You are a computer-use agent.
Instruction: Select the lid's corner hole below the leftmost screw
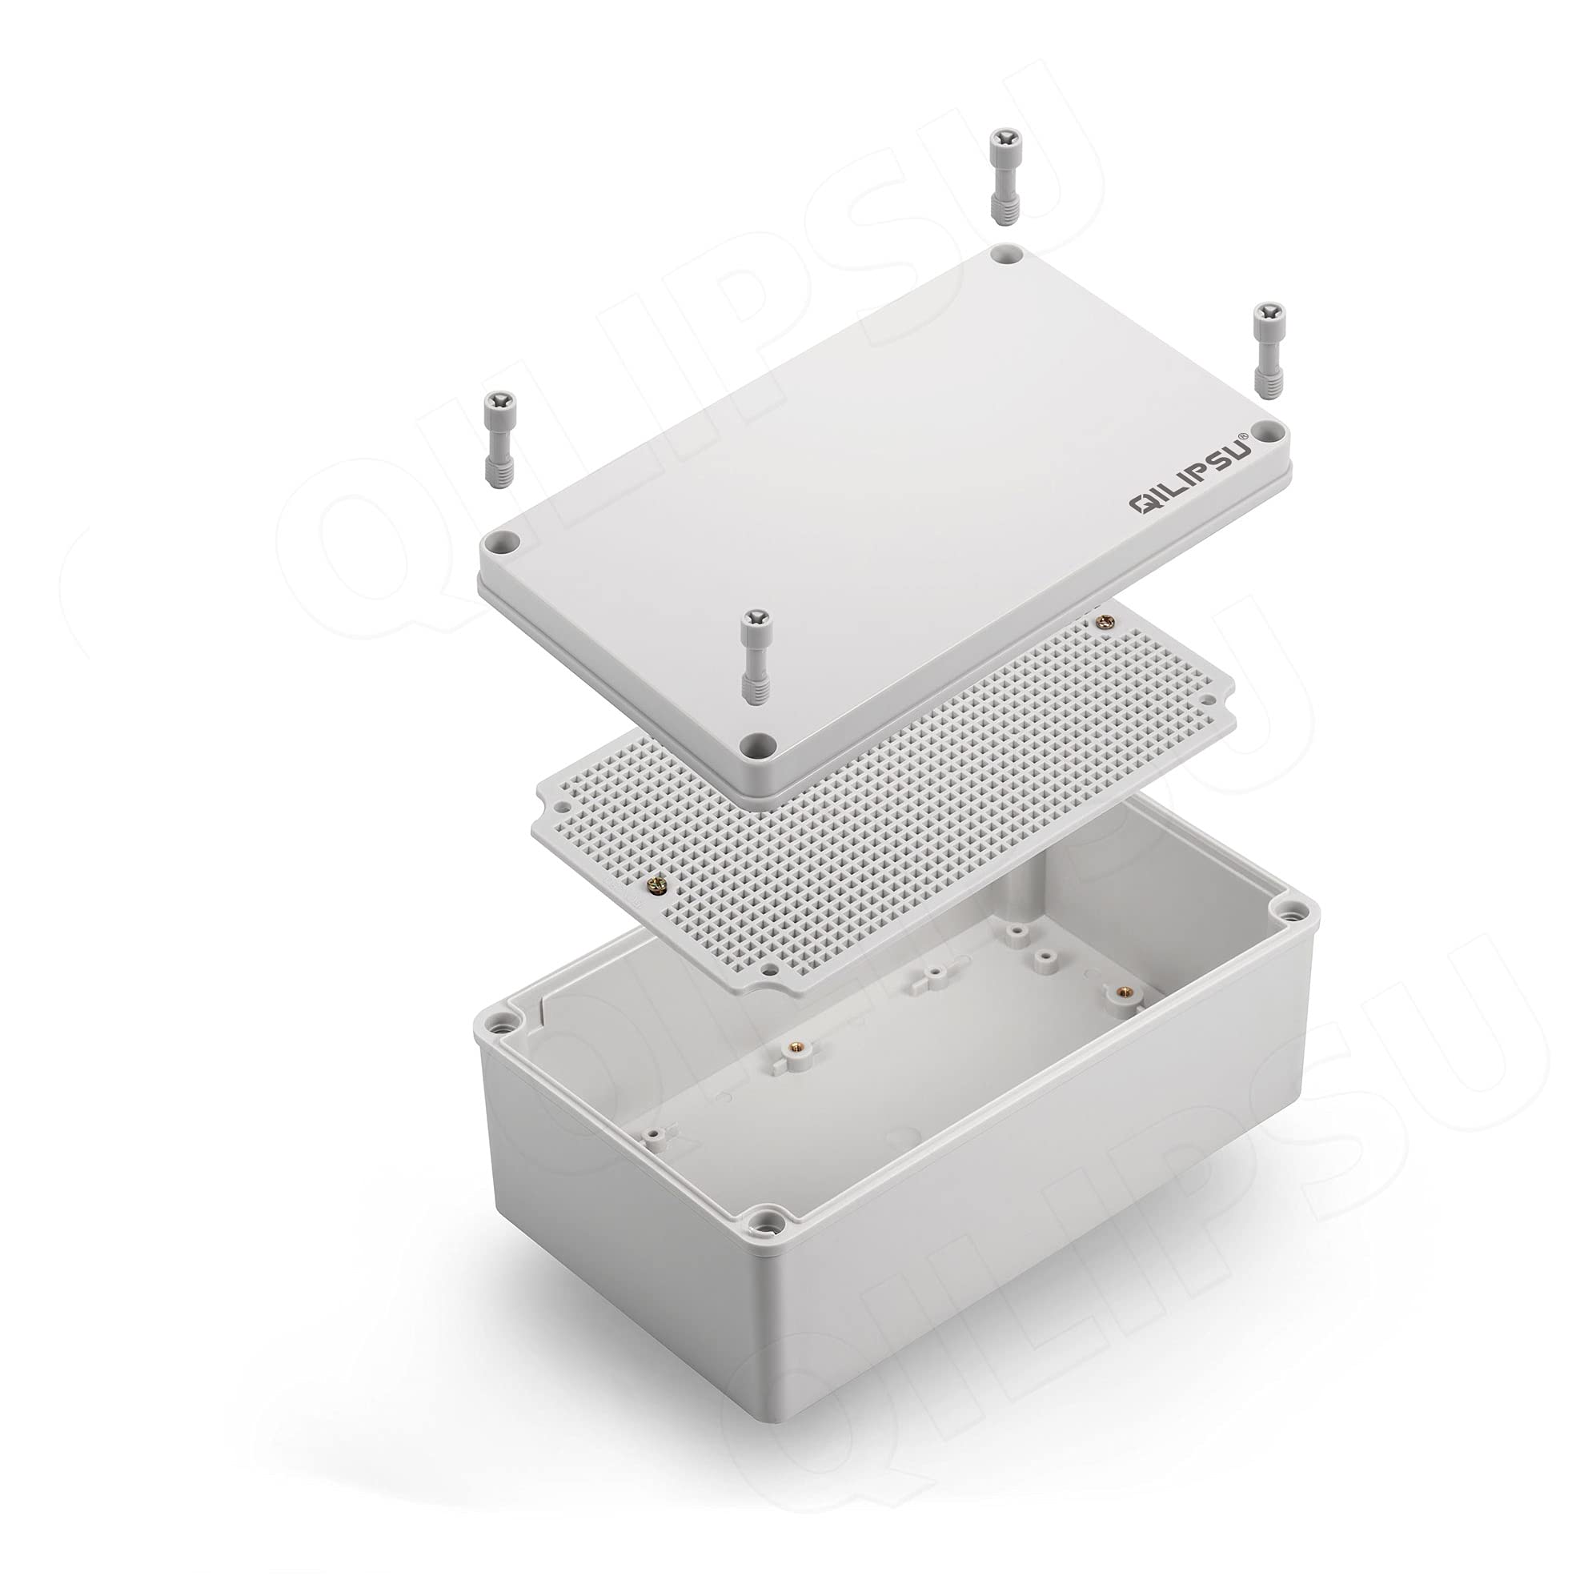pos(502,543)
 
